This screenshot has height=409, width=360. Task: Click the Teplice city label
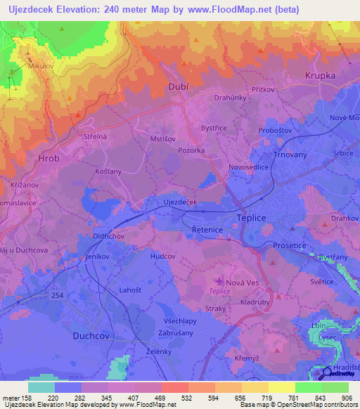pos(252,218)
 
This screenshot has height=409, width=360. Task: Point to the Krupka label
pos(321,74)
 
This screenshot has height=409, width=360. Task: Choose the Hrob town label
pos(49,159)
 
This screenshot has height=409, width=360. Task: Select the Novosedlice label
pos(249,167)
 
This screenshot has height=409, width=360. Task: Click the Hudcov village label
pos(162,257)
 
